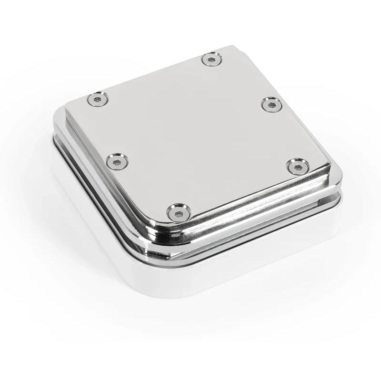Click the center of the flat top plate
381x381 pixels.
point(195,133)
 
